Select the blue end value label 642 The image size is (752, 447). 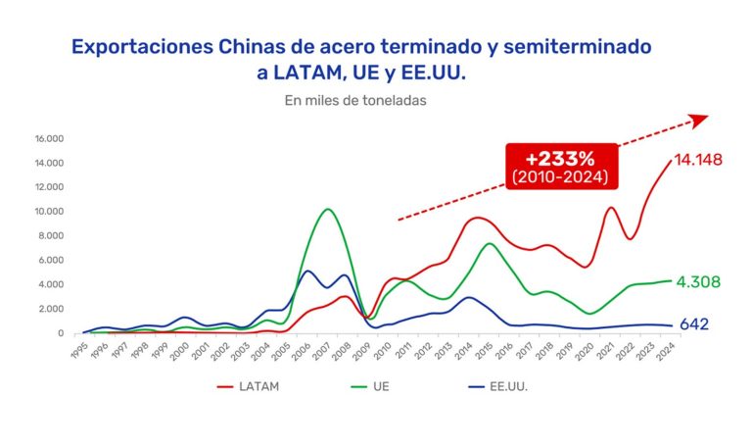pyautogui.click(x=694, y=324)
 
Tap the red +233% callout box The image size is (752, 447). pyautogui.click(x=560, y=167)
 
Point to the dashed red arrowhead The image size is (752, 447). pyautogui.click(x=699, y=120)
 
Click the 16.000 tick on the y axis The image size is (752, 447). pyautogui.click(x=49, y=138)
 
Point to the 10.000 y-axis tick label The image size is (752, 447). pyautogui.click(x=49, y=212)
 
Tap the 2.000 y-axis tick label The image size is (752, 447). pyautogui.click(x=51, y=309)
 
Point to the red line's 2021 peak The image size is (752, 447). pyautogui.click(x=611, y=207)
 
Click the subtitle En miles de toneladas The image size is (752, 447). pyautogui.click(x=355, y=99)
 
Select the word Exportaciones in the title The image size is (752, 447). pyautogui.click(x=142, y=46)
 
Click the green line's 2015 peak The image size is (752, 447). pyautogui.click(x=491, y=243)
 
